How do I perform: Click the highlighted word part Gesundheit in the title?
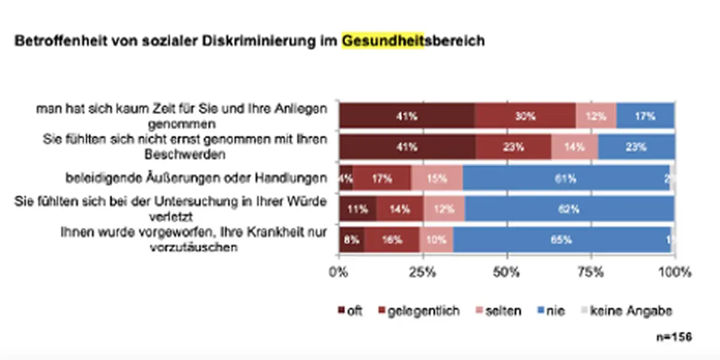382,42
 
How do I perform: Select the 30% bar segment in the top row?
525,117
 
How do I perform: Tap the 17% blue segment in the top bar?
645,117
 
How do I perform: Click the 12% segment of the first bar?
596,117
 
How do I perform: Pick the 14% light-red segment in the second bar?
574,147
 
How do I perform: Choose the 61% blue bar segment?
566,178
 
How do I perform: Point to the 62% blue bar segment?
569,209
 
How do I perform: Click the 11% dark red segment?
358,209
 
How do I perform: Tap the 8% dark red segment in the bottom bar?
352,240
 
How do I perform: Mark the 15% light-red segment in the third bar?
437,178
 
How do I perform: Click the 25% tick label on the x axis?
422,272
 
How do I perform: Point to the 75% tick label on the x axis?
590,272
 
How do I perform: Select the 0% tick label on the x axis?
339,272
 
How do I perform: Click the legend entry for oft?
351,311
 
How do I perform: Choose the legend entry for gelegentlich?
418,311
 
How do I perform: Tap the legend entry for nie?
550,311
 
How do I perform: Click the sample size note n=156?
674,337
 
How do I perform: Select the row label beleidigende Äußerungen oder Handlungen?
196,178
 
